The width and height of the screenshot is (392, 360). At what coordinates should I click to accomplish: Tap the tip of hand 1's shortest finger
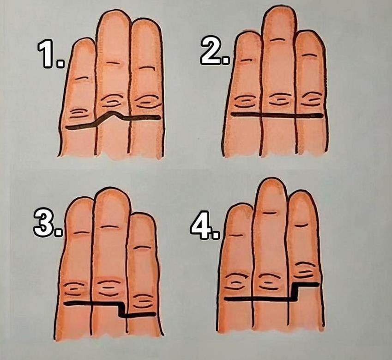[x=84, y=38]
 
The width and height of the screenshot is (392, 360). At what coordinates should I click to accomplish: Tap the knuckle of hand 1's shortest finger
[x=80, y=113]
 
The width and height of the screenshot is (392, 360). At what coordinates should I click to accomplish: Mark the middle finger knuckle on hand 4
[x=269, y=282]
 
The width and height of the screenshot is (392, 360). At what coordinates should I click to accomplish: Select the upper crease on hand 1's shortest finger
[x=82, y=78]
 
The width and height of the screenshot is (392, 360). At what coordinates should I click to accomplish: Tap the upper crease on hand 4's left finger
[x=235, y=236]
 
